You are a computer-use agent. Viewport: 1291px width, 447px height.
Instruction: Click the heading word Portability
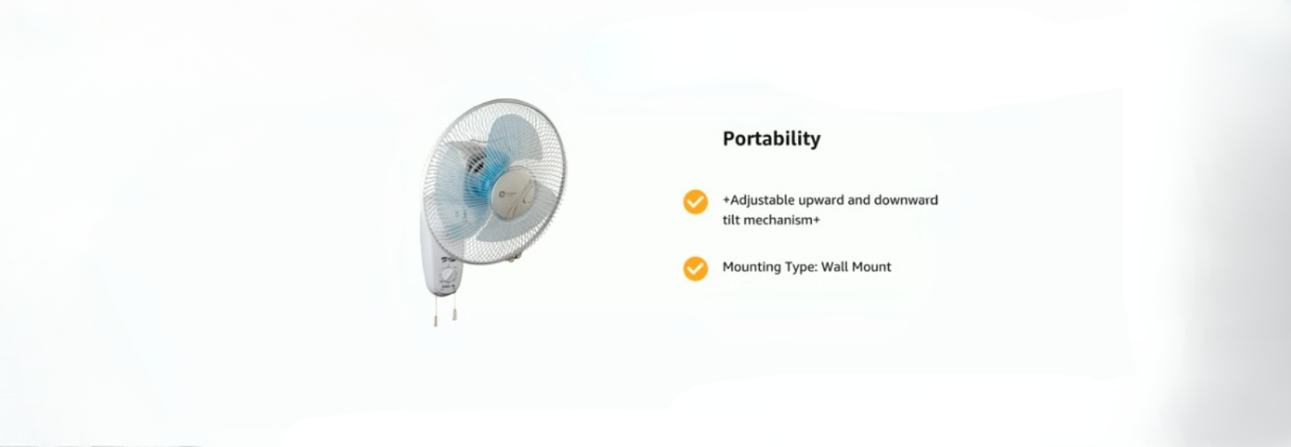coord(771,139)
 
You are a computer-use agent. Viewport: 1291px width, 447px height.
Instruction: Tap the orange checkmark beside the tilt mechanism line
coord(696,202)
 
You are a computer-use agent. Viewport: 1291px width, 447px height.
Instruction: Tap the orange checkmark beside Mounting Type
coord(696,269)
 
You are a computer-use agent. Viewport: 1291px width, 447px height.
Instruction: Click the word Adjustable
coord(762,201)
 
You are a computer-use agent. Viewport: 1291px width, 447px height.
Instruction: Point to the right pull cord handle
coord(455,315)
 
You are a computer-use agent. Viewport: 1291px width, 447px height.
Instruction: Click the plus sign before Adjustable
coord(726,201)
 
